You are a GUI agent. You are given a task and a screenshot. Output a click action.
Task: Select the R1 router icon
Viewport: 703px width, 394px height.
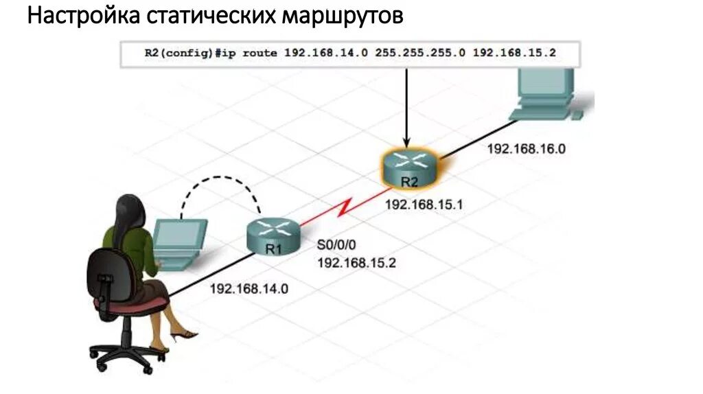(273, 235)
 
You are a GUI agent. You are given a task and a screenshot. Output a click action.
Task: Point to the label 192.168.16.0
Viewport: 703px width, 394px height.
(526, 148)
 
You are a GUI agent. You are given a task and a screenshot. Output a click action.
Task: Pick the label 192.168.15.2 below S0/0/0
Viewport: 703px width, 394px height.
(356, 262)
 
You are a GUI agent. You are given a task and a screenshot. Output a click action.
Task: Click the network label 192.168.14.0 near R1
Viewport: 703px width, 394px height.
(249, 289)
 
